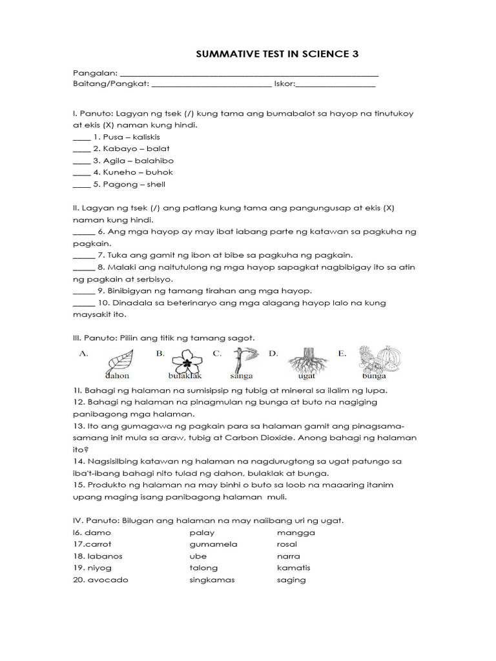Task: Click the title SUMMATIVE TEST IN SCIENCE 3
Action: pyautogui.click(x=276, y=55)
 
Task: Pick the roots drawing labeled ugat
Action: pyautogui.click(x=306, y=361)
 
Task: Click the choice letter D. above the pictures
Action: pyautogui.click(x=273, y=353)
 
